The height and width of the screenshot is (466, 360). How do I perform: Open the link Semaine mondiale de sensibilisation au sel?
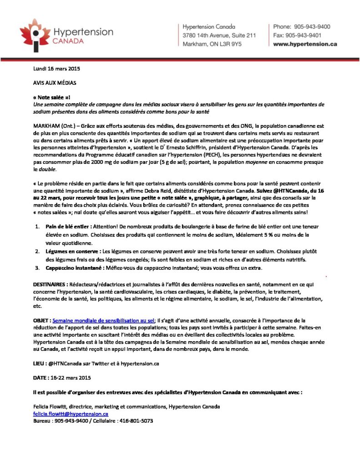point(103,320)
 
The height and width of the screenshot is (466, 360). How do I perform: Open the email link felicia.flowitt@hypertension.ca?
point(71,414)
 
